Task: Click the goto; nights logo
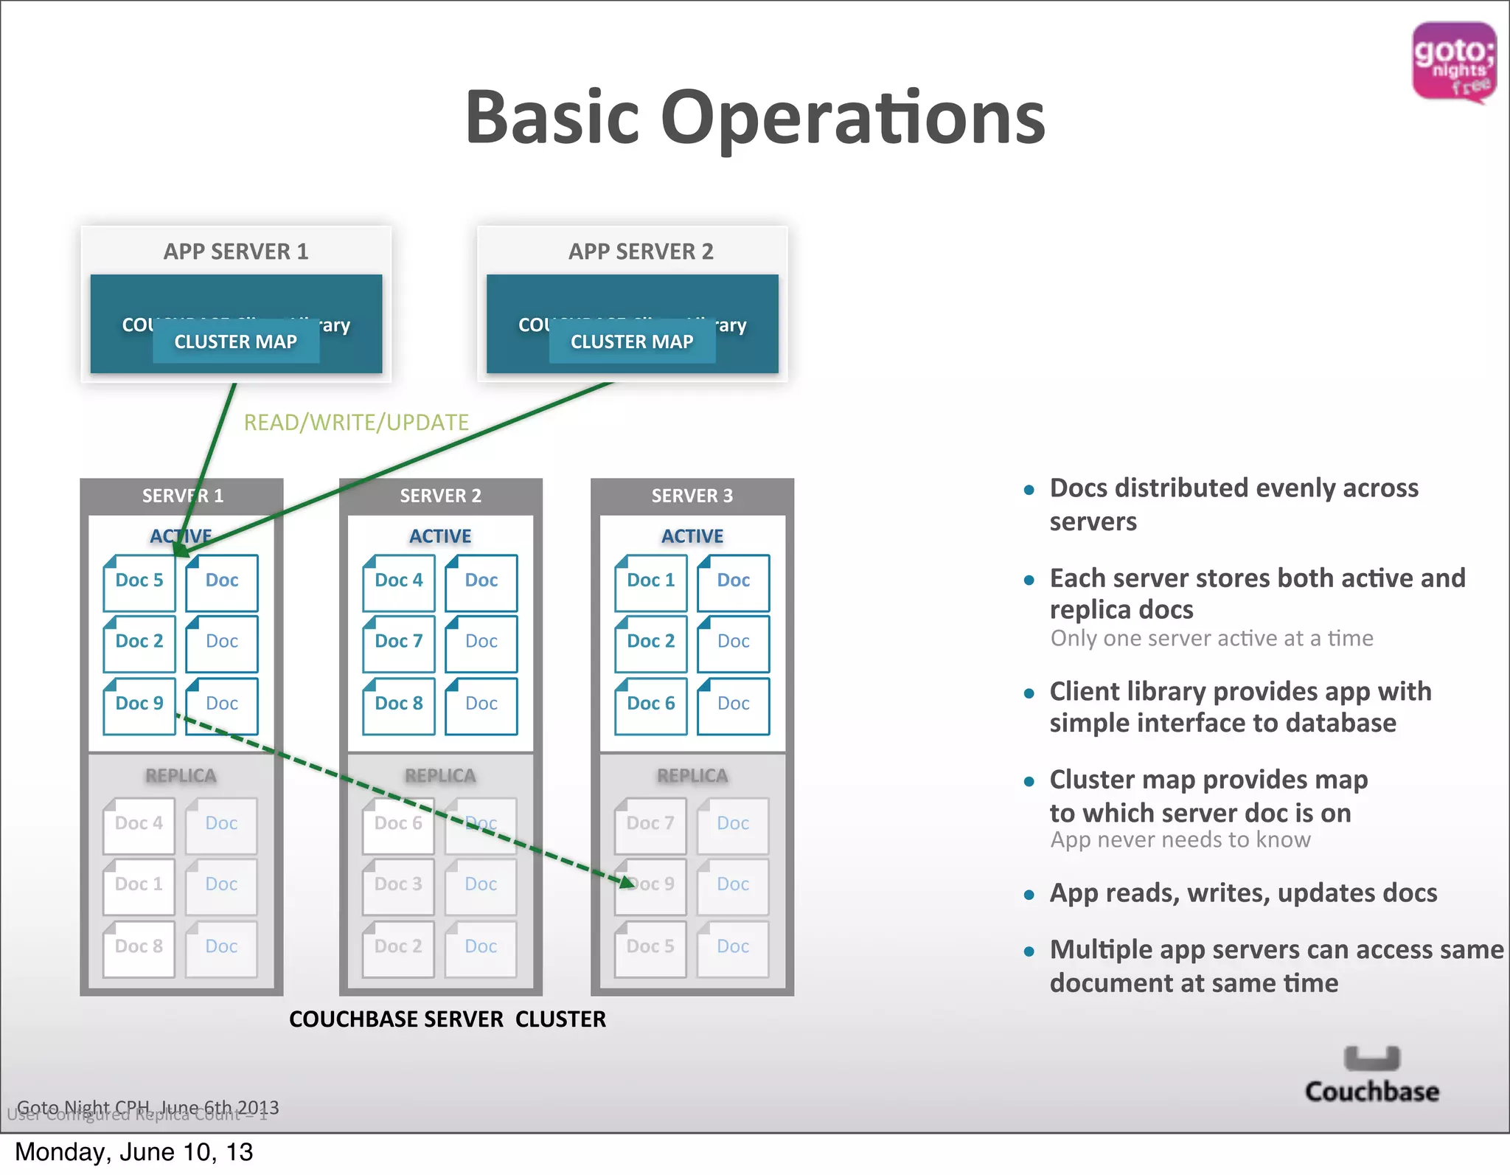[1453, 62]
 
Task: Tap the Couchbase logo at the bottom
[1371, 1075]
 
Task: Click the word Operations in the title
[852, 117]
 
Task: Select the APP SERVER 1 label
[236, 252]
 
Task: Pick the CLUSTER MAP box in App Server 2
[632, 342]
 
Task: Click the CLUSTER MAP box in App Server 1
[236, 342]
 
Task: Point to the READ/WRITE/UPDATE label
[356, 422]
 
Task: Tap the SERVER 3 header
[692, 496]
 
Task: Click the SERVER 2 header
[440, 496]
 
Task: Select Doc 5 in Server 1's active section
[139, 581]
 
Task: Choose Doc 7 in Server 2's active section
[399, 642]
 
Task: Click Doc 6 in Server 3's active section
[651, 704]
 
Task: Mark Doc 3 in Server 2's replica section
[398, 884]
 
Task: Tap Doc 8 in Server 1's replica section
[139, 946]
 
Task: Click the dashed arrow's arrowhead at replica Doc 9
[627, 882]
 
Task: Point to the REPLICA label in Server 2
[440, 776]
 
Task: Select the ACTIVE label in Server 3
[692, 536]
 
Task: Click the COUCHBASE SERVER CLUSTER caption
[447, 1019]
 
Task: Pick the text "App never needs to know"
[1180, 840]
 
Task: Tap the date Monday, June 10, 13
[134, 1152]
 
